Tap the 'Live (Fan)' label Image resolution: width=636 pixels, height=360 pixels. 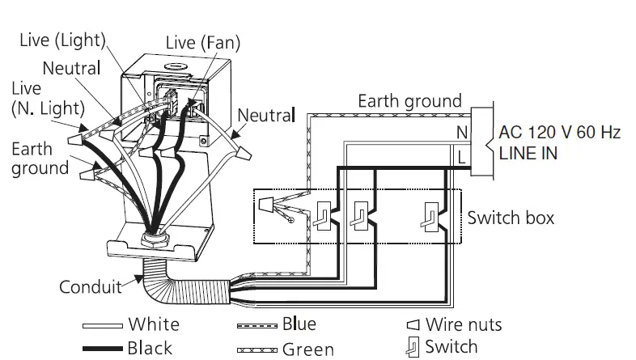202,41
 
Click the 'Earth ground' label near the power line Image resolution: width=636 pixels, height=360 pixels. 409,101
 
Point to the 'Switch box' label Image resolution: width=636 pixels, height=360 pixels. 511,218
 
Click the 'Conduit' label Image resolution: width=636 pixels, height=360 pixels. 89,286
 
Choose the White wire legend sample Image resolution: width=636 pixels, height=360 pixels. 104,325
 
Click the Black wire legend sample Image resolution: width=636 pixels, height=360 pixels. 104,348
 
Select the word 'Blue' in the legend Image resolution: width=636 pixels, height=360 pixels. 299,324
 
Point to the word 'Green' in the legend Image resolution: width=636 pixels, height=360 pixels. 307,349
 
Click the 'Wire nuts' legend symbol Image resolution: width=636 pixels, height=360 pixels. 412,325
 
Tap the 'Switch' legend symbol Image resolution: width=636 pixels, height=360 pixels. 412,347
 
